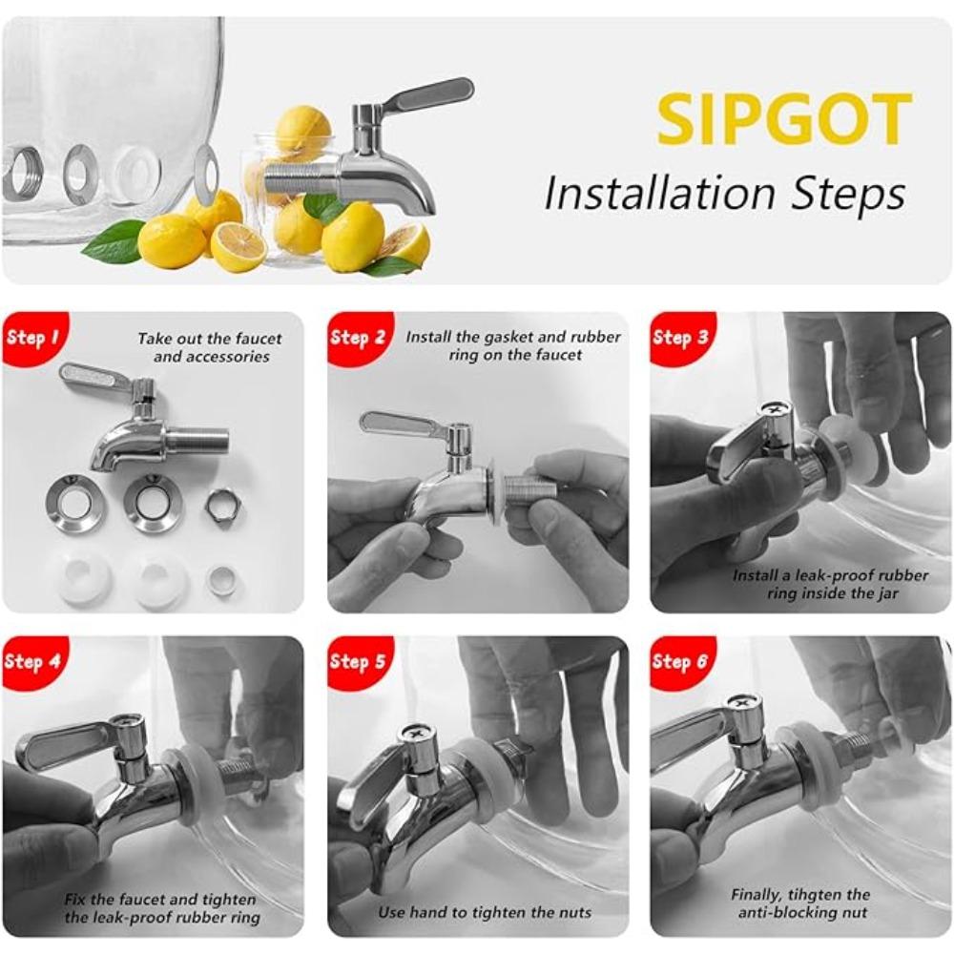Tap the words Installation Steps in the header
[x=724, y=194]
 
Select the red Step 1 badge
[x=33, y=337]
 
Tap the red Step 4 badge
[x=33, y=660]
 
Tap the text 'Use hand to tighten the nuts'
[x=484, y=912]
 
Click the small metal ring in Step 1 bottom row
[x=221, y=581]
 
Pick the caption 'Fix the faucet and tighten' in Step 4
[x=160, y=899]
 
